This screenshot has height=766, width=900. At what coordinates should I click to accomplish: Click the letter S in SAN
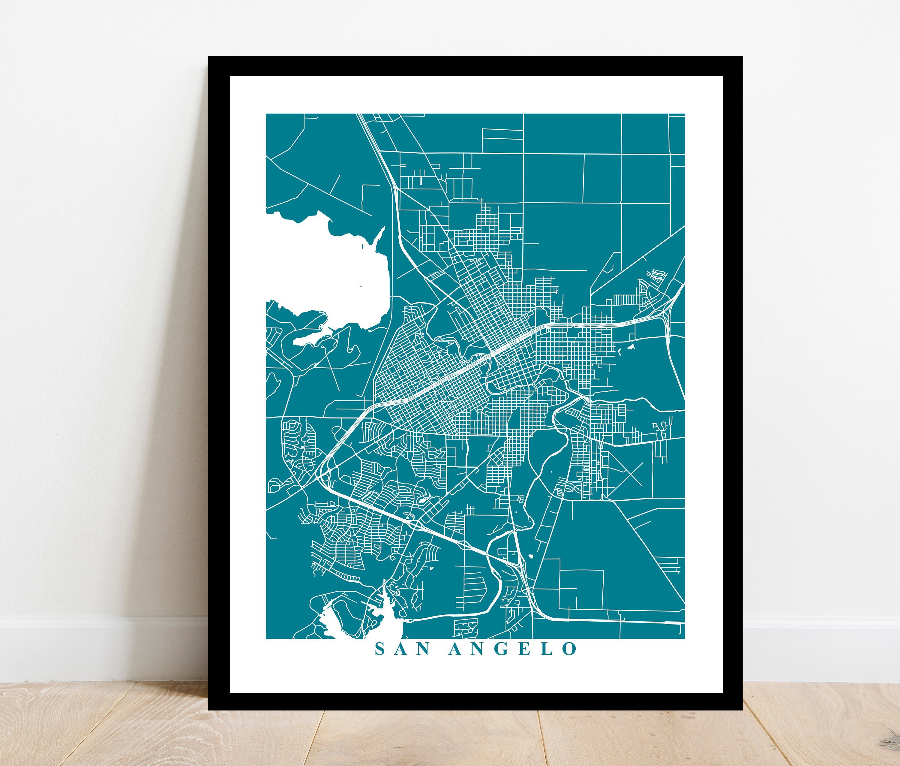point(380,661)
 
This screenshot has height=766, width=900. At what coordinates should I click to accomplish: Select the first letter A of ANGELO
point(457,661)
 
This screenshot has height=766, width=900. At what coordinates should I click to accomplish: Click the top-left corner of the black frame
point(209,57)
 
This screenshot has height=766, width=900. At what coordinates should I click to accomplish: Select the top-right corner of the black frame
point(742,57)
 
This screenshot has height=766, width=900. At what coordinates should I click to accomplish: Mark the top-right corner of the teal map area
point(684,114)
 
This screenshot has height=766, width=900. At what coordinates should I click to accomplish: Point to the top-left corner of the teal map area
point(266,114)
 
